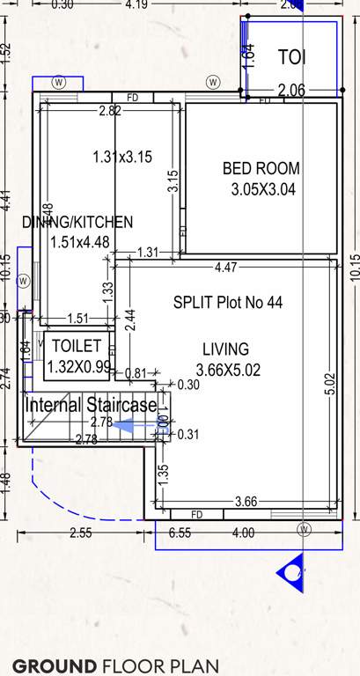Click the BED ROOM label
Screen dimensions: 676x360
click(x=261, y=168)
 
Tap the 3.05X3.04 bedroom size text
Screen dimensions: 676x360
click(x=262, y=188)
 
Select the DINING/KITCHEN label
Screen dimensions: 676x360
click(x=77, y=222)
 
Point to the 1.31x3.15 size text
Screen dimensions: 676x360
click(x=122, y=158)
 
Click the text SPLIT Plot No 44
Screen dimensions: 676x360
click(x=228, y=303)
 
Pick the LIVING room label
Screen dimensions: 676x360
click(x=225, y=349)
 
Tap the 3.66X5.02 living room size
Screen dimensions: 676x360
click(x=228, y=370)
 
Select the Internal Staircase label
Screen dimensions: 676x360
click(x=91, y=406)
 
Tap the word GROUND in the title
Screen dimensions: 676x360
click(x=54, y=665)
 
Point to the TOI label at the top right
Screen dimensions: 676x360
click(x=292, y=58)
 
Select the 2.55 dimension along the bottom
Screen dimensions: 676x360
click(x=80, y=533)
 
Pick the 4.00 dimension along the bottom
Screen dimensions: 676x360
click(x=242, y=533)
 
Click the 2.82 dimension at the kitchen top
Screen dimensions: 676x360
click(x=110, y=111)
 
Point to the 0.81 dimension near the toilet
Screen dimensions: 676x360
click(x=136, y=373)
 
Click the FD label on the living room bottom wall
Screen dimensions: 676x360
click(x=196, y=514)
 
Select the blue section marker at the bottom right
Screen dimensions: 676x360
click(x=291, y=574)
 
